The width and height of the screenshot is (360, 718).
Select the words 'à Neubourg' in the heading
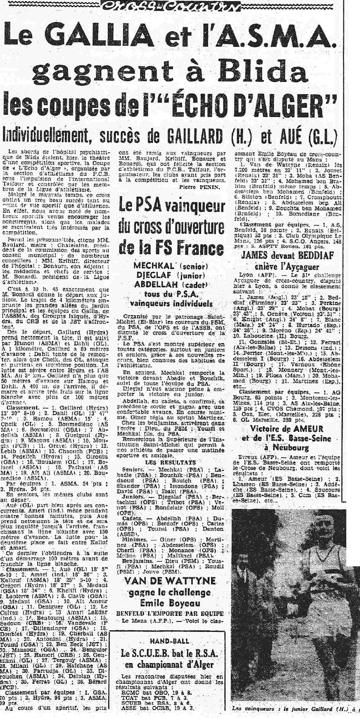[x=293, y=448]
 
